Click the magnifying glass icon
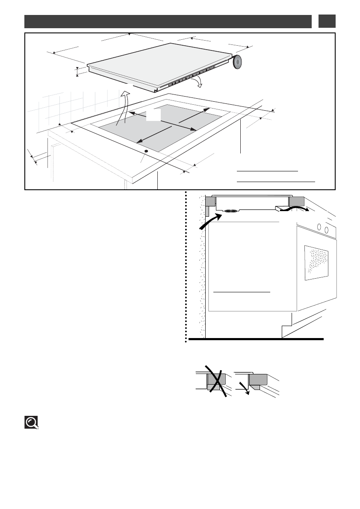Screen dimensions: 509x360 (x=31, y=423)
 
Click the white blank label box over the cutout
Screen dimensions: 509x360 (x=153, y=115)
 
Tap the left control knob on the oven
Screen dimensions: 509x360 (x=318, y=227)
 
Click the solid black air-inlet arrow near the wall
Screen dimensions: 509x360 (x=210, y=222)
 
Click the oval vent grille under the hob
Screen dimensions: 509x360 (x=231, y=211)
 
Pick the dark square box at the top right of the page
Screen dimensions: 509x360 (x=327, y=21)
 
